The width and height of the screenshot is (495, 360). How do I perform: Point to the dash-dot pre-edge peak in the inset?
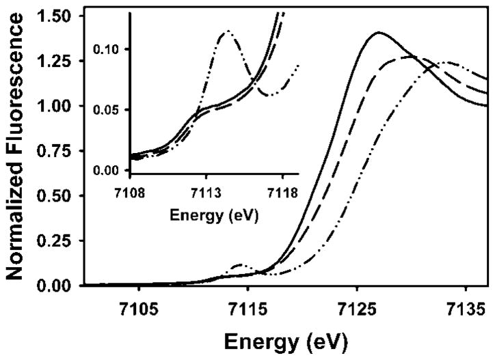tap(226, 31)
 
